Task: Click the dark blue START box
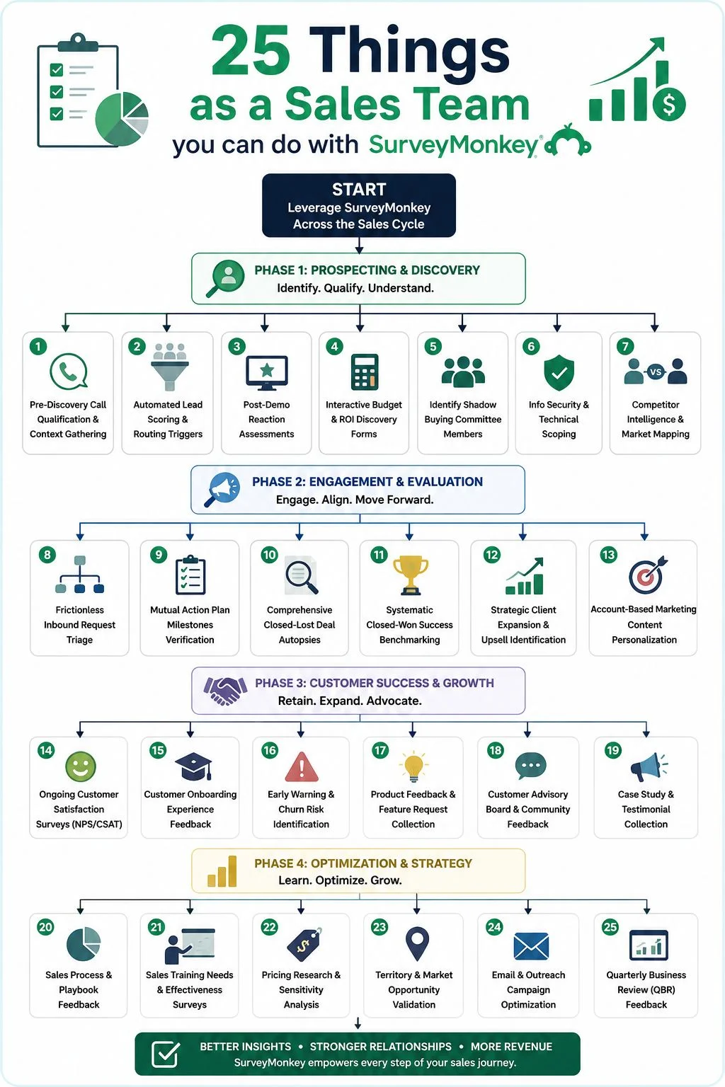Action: (x=359, y=205)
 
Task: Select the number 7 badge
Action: (x=625, y=346)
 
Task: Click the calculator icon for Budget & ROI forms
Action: (x=365, y=372)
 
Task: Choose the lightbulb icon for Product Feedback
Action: (x=413, y=766)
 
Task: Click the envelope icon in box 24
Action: (x=531, y=946)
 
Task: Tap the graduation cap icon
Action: (x=193, y=766)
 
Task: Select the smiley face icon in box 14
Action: (x=81, y=766)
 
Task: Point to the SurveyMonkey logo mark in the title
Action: (x=568, y=142)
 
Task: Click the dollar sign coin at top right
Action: (x=669, y=103)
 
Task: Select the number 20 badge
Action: (x=45, y=927)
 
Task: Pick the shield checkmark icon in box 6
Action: (x=559, y=372)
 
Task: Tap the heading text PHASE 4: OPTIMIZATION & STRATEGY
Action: (x=363, y=863)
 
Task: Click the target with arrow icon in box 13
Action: (x=647, y=575)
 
